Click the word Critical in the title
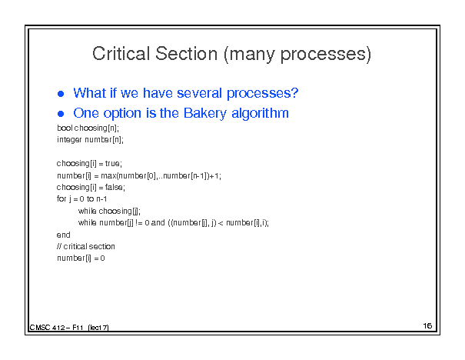tap(121, 54)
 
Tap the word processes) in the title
tap(326, 55)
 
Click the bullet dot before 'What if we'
tap(61, 94)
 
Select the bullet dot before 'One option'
tap(61, 114)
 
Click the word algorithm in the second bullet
tap(260, 113)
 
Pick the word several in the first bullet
tap(199, 93)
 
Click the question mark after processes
tap(294, 93)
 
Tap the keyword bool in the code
tap(65, 128)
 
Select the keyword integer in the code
tap(69, 140)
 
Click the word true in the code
tap(112, 164)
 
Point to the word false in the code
tap(114, 187)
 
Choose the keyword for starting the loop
tap(61, 198)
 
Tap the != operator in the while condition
tap(139, 222)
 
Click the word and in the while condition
tap(158, 222)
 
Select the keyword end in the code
tap(64, 235)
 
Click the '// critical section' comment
tap(86, 246)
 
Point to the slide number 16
tap(427, 326)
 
